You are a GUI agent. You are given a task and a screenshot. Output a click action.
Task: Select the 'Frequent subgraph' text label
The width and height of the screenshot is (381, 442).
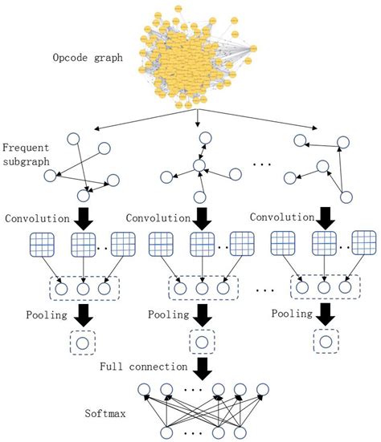tap(27, 156)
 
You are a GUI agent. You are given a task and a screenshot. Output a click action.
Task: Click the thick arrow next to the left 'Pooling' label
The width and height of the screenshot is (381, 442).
tap(84, 315)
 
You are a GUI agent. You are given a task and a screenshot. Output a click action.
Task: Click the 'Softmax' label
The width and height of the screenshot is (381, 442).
tap(108, 415)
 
